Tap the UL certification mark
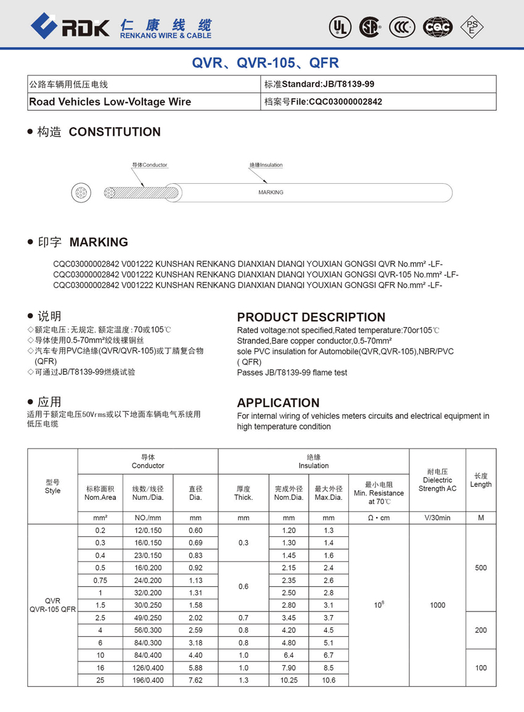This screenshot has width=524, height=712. tap(339, 27)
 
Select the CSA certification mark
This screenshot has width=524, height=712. tap(370, 27)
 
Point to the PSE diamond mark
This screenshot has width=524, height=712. tap(472, 27)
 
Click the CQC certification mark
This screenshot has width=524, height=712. tap(438, 27)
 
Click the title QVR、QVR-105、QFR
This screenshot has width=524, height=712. tap(265, 63)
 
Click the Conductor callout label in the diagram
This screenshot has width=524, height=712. tap(150, 165)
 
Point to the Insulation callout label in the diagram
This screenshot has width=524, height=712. tap(266, 165)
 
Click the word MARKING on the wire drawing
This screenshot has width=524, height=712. tap(271, 192)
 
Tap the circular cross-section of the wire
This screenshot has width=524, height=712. tap(81, 192)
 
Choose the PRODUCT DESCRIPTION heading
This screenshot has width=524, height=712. tap(311, 317)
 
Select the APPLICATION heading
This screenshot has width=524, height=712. tap(278, 403)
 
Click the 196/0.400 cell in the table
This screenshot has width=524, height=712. tap(147, 680)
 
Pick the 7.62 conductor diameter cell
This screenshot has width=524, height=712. tap(195, 680)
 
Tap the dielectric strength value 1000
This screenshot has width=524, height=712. tap(438, 605)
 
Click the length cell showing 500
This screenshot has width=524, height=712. tap(481, 568)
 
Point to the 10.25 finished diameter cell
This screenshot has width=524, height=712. tap(289, 680)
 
